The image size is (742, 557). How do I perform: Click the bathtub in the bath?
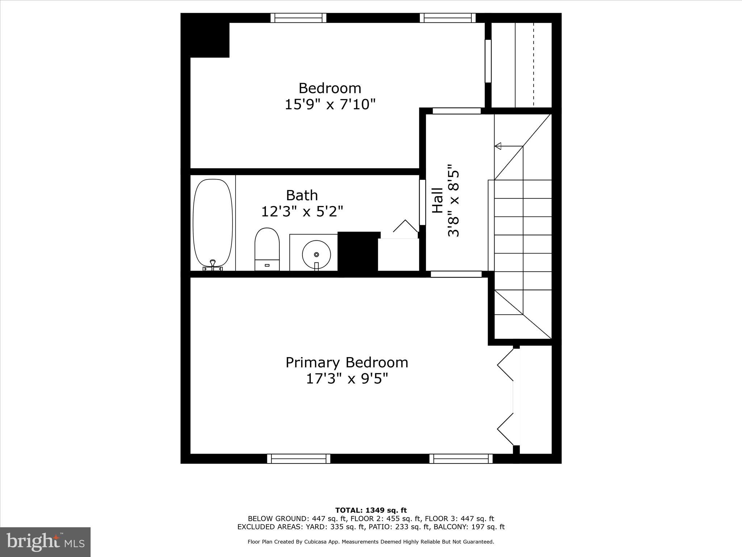(x=213, y=223)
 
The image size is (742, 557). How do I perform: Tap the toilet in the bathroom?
(x=267, y=248)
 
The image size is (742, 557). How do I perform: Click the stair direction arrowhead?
(x=498, y=146)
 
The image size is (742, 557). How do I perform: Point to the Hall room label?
(x=438, y=200)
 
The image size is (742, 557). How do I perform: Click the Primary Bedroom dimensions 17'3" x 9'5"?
(x=347, y=379)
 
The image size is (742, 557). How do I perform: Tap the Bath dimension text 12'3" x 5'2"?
(x=302, y=211)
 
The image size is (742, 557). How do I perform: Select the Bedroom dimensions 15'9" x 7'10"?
(x=330, y=104)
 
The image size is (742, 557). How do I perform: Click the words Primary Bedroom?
(x=347, y=362)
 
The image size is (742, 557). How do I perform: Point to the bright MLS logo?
(x=45, y=542)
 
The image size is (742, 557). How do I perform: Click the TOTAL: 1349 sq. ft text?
(x=371, y=510)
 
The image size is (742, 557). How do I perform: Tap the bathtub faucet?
(x=213, y=263)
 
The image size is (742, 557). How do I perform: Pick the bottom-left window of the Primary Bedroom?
(x=299, y=459)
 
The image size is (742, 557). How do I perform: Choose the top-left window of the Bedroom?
(x=298, y=18)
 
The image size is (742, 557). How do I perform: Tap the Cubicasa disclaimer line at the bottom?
(x=371, y=542)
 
